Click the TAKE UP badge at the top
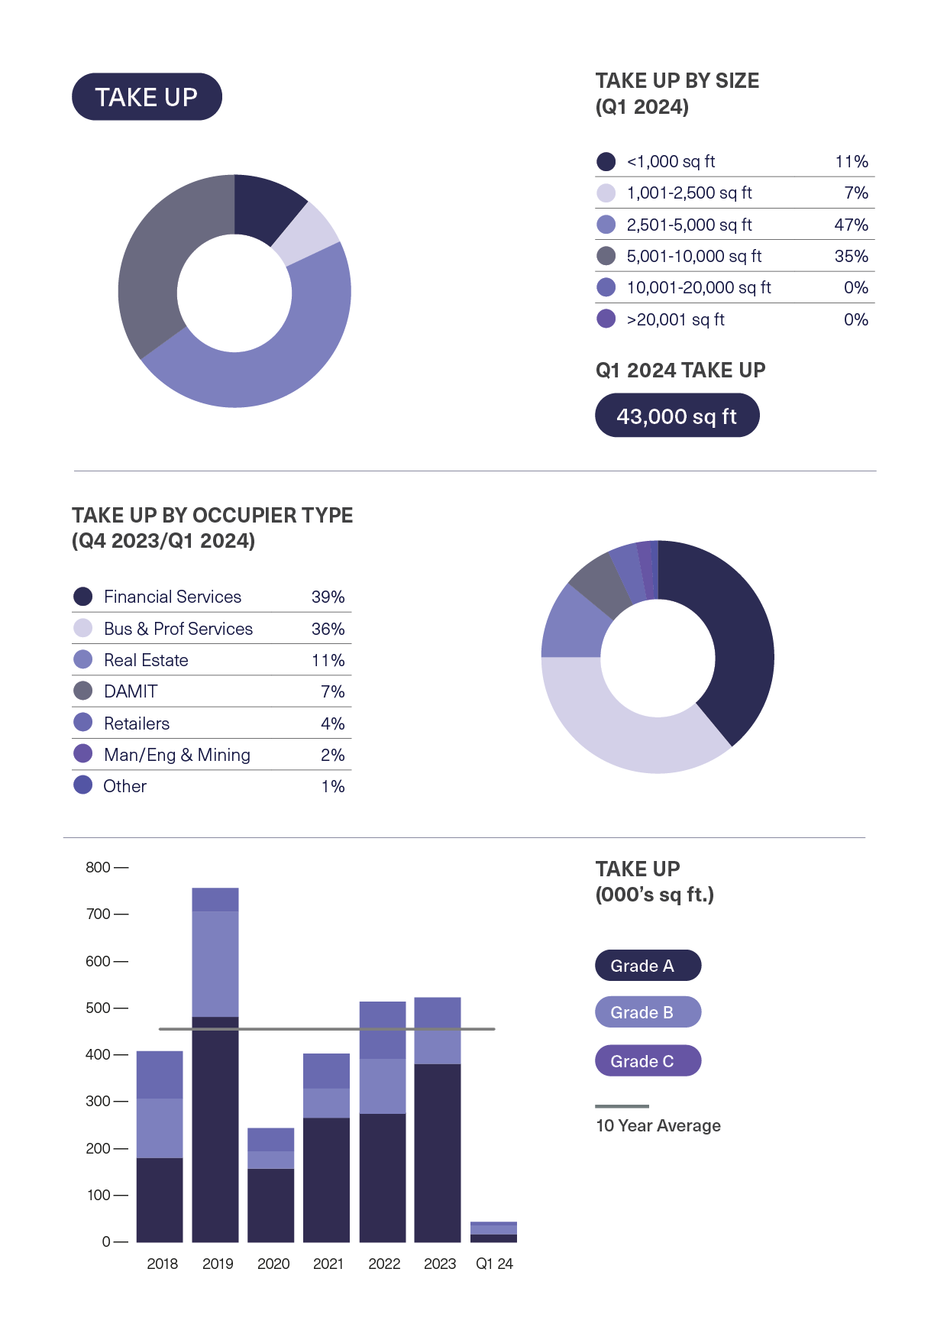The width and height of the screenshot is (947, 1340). pyautogui.click(x=147, y=97)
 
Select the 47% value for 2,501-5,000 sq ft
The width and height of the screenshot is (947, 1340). pyautogui.click(x=851, y=225)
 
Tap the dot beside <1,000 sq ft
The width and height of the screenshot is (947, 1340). pyautogui.click(x=606, y=161)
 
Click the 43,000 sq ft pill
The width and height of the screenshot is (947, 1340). pyautogui.click(x=677, y=416)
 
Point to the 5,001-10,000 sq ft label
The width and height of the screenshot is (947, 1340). pyautogui.click(x=693, y=256)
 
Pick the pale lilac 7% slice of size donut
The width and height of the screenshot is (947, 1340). pyautogui.click(x=306, y=232)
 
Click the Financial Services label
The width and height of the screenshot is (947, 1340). pyautogui.click(x=173, y=597)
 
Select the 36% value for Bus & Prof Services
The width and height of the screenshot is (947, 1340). pyautogui.click(x=328, y=629)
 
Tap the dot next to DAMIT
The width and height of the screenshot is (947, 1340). pyautogui.click(x=82, y=691)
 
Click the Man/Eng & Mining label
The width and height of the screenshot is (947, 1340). pyautogui.click(x=177, y=755)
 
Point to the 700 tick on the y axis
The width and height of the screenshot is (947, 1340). pyautogui.click(x=99, y=914)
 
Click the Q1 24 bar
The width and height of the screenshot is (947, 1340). pyautogui.click(x=493, y=1232)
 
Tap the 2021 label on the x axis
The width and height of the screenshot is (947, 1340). pyautogui.click(x=328, y=1264)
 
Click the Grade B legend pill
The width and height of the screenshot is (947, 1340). pyautogui.click(x=648, y=1012)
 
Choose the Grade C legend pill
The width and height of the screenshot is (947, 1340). pyautogui.click(x=648, y=1060)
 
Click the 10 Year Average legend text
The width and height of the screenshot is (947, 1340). pyautogui.click(x=658, y=1125)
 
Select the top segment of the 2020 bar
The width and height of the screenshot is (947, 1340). pyautogui.click(x=271, y=1139)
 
